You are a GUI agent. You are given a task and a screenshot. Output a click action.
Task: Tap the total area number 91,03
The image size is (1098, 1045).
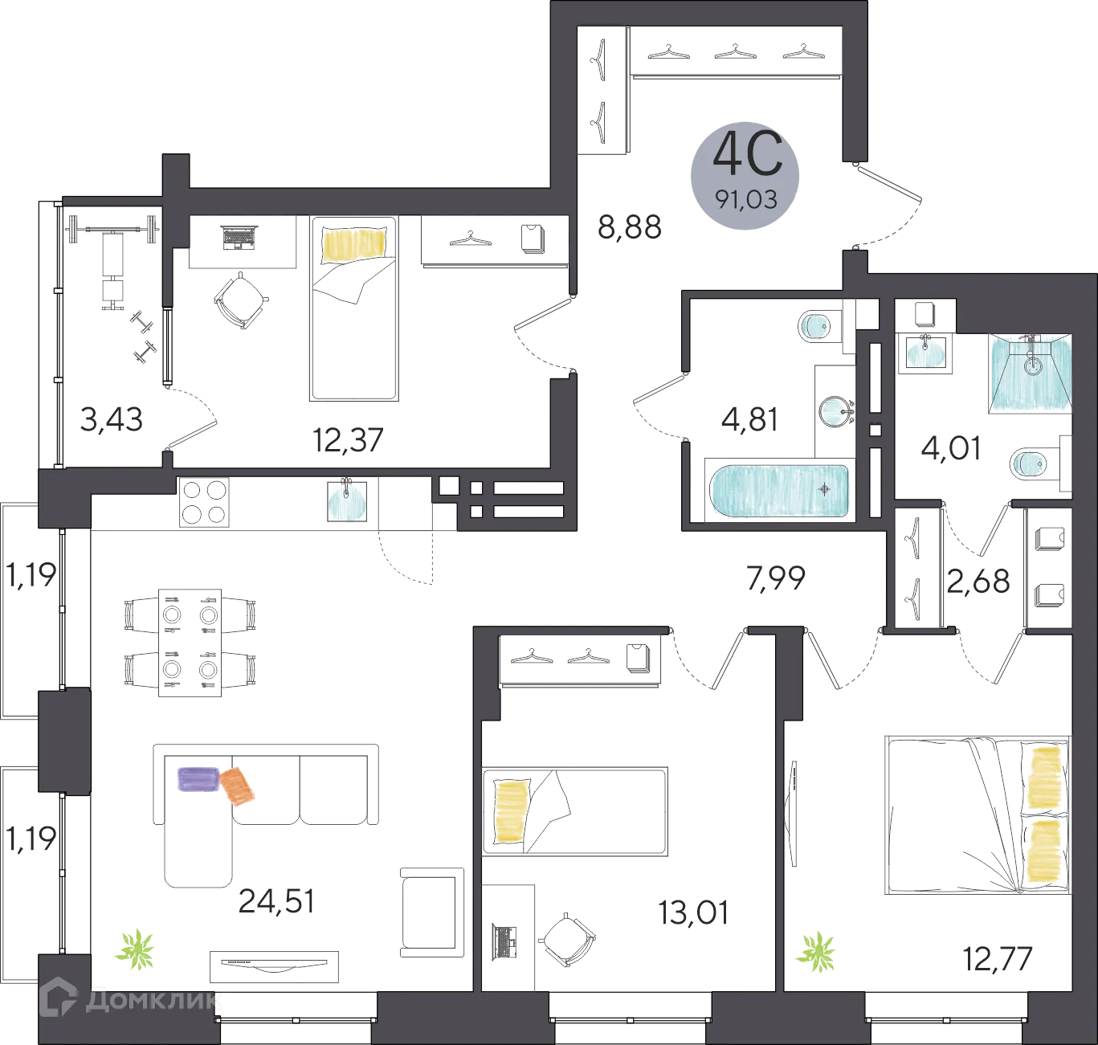747,198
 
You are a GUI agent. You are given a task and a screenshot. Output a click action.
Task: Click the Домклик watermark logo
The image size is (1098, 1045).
129,1000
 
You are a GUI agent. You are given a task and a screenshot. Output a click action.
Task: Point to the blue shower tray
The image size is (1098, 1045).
1031,373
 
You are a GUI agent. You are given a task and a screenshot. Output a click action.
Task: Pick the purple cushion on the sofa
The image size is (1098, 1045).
198,778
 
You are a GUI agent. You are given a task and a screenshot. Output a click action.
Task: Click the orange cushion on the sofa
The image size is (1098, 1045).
239,785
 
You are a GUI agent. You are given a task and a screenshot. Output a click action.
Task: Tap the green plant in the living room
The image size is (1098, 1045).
136,950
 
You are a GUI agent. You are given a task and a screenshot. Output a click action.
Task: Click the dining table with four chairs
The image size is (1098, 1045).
190,643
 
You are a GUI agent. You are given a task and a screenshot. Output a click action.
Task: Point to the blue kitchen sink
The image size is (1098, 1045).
347,501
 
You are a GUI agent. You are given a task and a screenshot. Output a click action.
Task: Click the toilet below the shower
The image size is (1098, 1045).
1029,463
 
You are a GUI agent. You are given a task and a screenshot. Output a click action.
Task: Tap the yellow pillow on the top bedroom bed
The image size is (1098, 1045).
354,243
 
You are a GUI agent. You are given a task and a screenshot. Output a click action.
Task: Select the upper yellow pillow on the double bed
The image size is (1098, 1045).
1046,776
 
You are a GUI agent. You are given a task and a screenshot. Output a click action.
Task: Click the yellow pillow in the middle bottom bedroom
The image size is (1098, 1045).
508,812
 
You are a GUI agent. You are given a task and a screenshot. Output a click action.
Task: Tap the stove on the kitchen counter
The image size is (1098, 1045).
203,502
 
